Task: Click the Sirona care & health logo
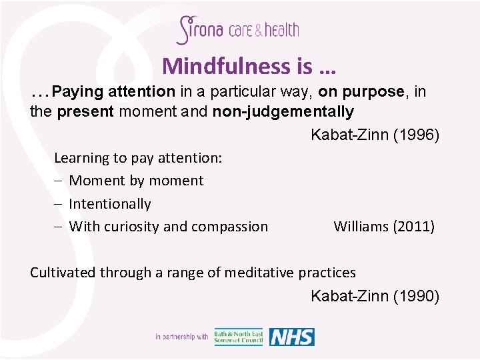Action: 237,30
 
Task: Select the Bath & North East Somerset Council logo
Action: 239,337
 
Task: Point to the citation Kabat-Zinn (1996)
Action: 375,135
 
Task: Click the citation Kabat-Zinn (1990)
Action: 375,296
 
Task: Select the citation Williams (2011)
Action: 383,227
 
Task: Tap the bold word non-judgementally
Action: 283,111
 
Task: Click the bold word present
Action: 85,111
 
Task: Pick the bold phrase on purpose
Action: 361,91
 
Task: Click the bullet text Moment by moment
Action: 136,181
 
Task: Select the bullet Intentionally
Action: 109,204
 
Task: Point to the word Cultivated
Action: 63,272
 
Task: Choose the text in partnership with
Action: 181,337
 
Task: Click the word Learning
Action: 81,158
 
